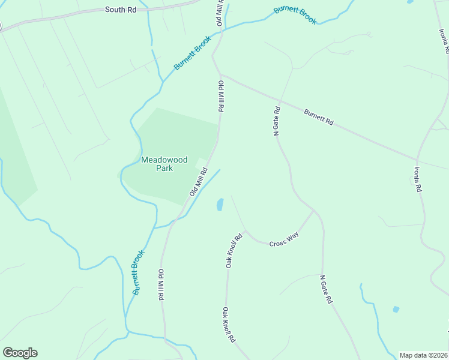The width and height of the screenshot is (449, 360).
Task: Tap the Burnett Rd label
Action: pos(318,116)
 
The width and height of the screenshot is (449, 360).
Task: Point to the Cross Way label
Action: pos(284,242)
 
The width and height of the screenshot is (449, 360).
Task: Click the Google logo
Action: pos(20,353)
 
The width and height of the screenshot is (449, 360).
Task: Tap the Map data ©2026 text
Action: pos(424,355)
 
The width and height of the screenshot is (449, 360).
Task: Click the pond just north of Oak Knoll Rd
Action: pos(220,205)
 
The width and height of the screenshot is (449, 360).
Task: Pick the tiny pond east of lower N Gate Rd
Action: pos(396,310)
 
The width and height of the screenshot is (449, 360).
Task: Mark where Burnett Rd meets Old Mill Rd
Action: pos(220,76)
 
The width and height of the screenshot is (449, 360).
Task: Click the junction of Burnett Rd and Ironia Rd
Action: pos(417,160)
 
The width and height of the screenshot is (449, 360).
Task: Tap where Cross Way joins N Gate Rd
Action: pos(313,211)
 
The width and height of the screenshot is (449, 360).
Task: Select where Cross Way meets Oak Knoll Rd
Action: pos(244,231)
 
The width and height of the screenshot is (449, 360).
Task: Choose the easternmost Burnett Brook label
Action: pos(295,15)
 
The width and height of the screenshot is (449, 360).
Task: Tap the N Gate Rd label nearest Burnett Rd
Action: pos(277,122)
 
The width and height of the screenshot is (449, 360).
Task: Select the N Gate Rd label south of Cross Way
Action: pos(326,290)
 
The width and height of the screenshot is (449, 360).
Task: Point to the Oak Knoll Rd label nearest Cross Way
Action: pos(234,250)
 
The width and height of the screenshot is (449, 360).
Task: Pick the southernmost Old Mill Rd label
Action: pos(161,285)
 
